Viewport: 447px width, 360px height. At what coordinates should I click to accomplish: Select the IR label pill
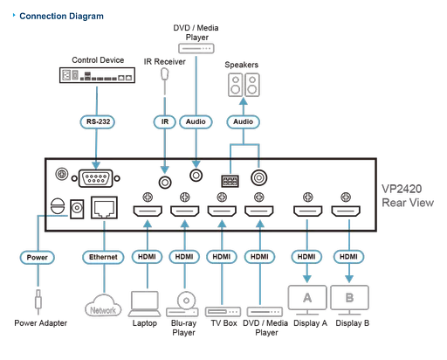163,122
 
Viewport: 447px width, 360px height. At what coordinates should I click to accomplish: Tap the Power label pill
36,258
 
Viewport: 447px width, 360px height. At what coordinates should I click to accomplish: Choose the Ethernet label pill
102,258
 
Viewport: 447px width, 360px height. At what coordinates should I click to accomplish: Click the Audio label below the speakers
244,122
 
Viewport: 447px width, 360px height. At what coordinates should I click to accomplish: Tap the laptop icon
143,302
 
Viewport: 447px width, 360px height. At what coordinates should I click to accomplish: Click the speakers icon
244,85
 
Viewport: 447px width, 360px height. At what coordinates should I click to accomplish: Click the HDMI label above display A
306,258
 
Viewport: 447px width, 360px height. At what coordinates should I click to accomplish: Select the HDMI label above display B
349,258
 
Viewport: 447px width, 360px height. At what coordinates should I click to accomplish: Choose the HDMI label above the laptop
145,258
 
